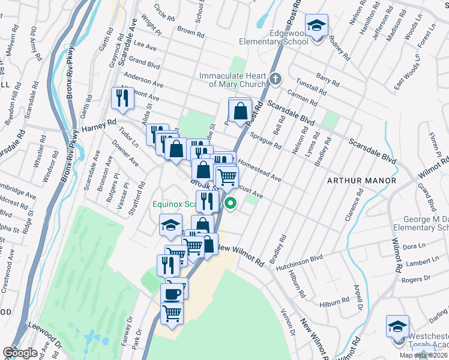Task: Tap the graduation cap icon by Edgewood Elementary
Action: point(315,27)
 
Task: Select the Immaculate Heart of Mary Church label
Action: point(233,80)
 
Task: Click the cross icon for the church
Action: point(275,79)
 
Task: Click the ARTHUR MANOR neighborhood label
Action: point(361,181)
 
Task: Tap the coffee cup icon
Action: point(172,294)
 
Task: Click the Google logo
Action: point(20,353)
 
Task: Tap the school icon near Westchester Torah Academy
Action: point(397,328)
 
